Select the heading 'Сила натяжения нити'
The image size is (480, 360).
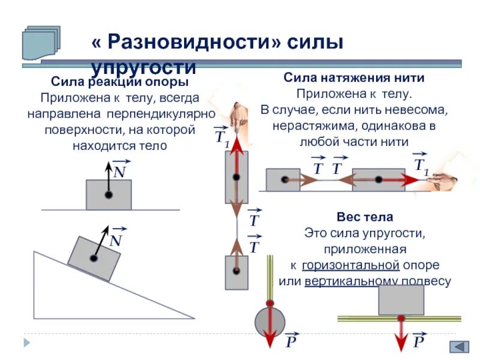coord(354,78)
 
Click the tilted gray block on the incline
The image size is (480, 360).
coord(94,257)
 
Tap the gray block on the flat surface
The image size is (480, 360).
coord(109,194)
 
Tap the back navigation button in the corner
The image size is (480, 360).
coord(460,347)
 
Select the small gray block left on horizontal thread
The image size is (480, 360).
coord(283,179)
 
